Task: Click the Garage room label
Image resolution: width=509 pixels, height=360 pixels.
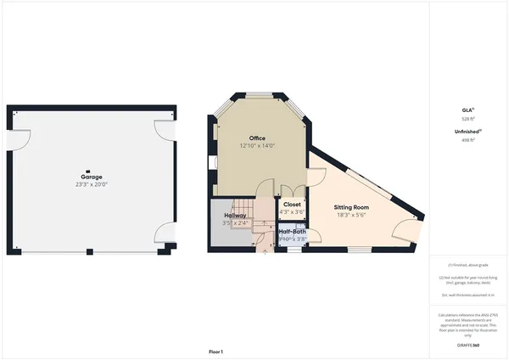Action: coord(92,177)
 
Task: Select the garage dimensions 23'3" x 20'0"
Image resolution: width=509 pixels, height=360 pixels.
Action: coord(92,184)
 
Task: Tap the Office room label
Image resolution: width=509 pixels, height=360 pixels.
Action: coord(258,138)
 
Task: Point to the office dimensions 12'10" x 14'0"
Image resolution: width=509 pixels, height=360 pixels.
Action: coord(258,145)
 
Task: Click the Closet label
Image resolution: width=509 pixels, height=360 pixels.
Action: coord(292,205)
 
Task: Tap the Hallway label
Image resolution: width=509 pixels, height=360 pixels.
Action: coord(235,216)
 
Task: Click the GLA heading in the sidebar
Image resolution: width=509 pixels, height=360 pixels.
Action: coord(467,110)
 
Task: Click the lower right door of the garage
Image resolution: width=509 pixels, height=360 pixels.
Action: coord(164,234)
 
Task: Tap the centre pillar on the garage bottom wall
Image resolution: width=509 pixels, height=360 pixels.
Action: coord(92,250)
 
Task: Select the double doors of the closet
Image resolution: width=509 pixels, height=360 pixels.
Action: coord(291,191)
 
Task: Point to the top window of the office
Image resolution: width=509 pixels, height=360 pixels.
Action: coord(258,97)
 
